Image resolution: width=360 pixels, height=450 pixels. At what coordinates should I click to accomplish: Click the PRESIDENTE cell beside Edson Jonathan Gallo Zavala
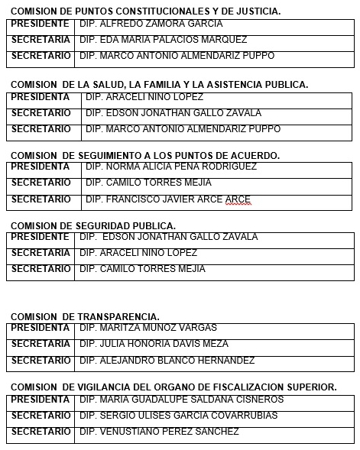coord(40,237)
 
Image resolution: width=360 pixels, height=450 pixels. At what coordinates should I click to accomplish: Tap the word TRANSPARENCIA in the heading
coord(118,316)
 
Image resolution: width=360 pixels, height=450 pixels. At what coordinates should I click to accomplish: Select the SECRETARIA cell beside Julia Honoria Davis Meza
coord(40,344)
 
